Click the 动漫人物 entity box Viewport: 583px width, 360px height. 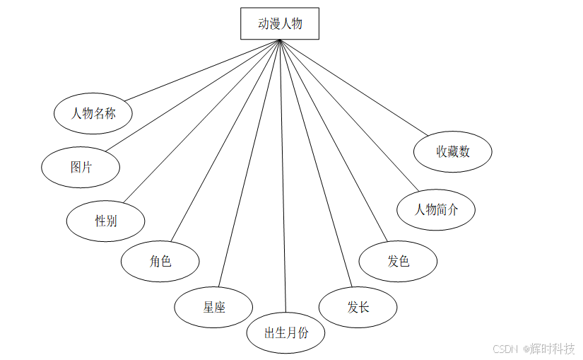click(x=280, y=23)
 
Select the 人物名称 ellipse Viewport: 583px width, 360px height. click(x=94, y=112)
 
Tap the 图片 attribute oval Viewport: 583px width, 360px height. click(x=81, y=168)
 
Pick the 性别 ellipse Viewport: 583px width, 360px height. click(x=106, y=221)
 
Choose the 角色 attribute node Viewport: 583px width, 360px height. click(x=160, y=261)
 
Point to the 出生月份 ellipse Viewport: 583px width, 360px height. click(x=285, y=332)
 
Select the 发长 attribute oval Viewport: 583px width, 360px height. click(x=358, y=307)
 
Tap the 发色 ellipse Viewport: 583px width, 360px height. click(x=398, y=261)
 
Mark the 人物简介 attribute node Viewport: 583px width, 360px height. click(x=436, y=209)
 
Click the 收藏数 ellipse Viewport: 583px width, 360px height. click(x=452, y=151)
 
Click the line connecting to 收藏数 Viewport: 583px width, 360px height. click(x=353, y=86)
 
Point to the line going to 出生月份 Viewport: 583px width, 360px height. click(x=283, y=177)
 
